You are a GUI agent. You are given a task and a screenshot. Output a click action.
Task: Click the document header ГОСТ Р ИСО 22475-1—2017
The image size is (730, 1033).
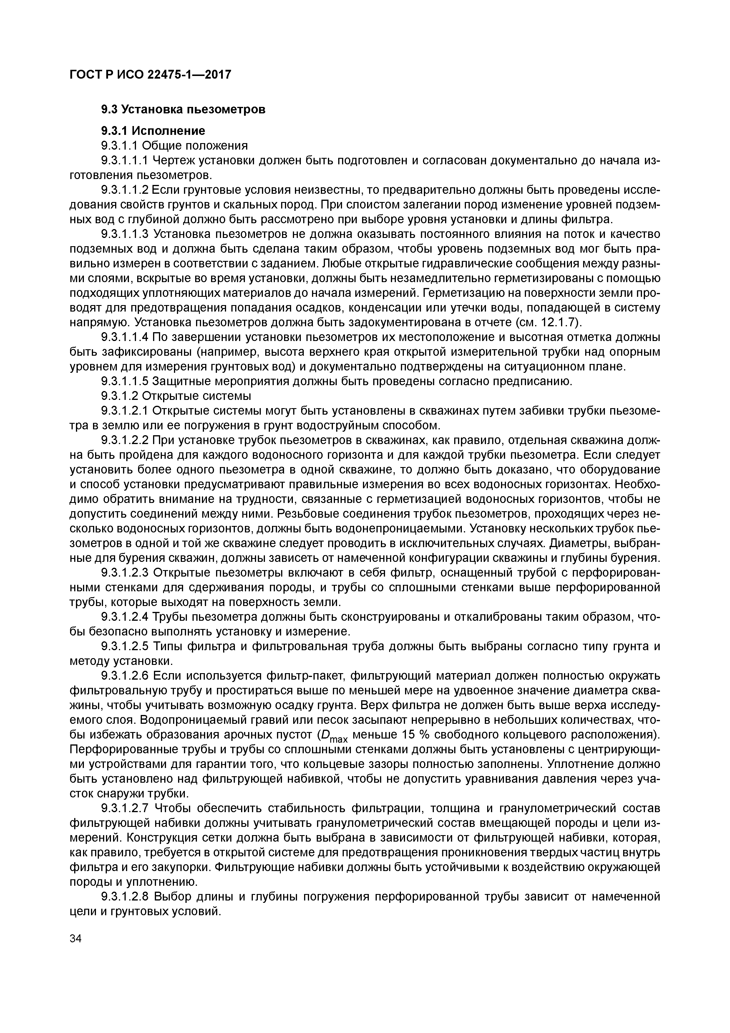(x=150, y=74)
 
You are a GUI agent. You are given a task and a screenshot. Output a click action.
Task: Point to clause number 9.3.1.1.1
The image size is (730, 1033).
(x=125, y=160)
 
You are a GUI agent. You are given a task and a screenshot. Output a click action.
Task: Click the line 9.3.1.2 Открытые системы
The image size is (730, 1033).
(x=176, y=396)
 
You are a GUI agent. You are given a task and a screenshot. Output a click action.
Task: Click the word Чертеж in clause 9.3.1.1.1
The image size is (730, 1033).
(x=175, y=160)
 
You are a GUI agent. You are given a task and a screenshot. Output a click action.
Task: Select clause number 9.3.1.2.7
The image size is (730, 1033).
(x=125, y=809)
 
